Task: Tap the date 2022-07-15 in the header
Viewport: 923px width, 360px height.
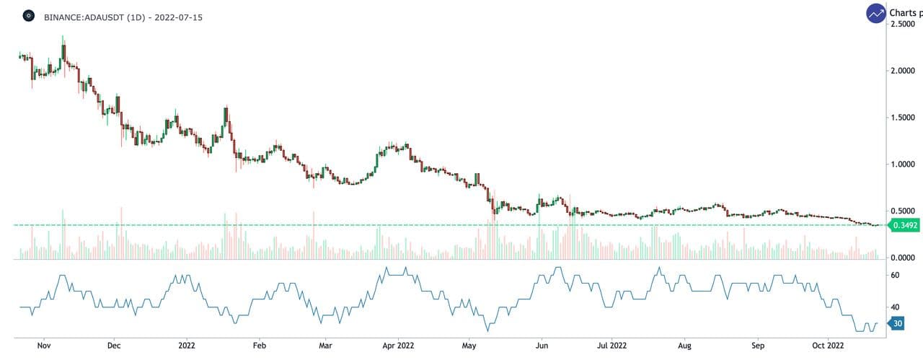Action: [x=180, y=16]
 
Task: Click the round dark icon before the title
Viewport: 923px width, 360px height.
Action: [x=28, y=15]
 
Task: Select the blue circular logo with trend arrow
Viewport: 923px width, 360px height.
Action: [x=876, y=13]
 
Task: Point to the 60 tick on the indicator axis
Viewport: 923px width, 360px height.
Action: [x=895, y=276]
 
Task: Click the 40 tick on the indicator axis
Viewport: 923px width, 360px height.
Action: [x=895, y=307]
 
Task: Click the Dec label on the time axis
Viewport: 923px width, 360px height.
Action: [x=113, y=345]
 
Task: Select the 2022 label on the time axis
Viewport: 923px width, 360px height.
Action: [x=186, y=345]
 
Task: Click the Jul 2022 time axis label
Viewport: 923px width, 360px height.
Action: [x=611, y=345]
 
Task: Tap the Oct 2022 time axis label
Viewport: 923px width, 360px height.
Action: [x=829, y=345]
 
